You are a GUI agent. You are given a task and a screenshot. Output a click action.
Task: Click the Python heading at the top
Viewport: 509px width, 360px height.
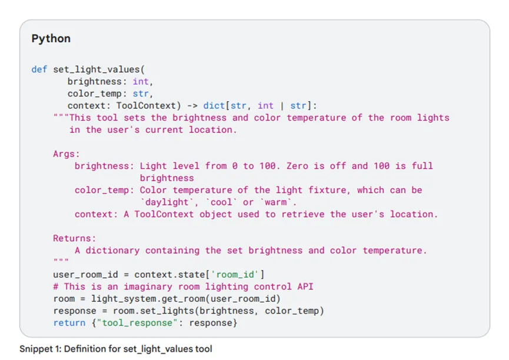coord(51,39)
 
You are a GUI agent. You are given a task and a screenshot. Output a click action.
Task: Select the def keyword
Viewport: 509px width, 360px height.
coord(39,69)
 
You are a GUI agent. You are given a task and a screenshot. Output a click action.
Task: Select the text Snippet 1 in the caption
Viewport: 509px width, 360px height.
coord(38,349)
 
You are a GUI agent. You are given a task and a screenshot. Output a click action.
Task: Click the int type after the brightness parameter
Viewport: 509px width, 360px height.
coord(141,82)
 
